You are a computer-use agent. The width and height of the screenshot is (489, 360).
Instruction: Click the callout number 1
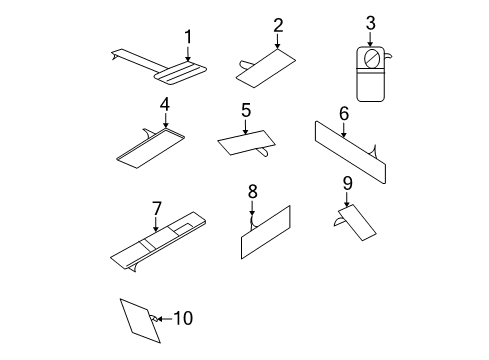tap(187, 37)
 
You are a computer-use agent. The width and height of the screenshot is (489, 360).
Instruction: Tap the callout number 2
tap(278, 25)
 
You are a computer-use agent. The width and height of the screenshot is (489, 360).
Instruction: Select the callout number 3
tap(370, 22)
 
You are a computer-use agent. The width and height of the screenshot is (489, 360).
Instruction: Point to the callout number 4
tap(165, 104)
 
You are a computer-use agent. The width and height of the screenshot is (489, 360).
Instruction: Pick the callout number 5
tap(245, 109)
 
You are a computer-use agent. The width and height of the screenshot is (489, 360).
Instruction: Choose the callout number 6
tap(343, 114)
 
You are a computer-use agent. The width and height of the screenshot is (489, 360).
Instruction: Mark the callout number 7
tap(156, 208)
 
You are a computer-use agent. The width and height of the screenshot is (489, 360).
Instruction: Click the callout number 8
tap(252, 190)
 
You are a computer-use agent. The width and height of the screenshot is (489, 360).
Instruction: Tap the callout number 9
tap(347, 183)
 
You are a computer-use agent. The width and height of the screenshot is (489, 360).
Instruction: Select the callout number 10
tap(183, 319)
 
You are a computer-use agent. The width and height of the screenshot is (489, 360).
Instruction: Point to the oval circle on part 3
tap(370, 58)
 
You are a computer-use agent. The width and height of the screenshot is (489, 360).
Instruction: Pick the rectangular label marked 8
tap(265, 234)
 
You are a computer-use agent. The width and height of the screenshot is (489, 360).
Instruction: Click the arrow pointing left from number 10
tap(162, 319)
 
